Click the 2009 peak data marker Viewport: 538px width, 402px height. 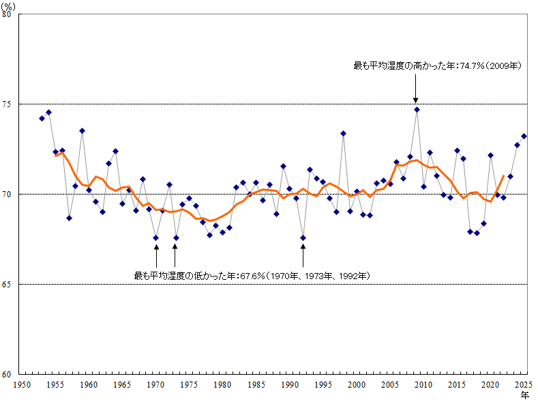click(x=417, y=109)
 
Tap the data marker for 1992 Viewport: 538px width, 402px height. click(x=303, y=238)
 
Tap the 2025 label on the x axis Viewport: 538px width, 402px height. click(x=524, y=385)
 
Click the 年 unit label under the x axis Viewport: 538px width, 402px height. click(x=524, y=394)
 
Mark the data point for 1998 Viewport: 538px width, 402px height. click(x=343, y=133)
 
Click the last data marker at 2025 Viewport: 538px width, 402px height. click(x=524, y=136)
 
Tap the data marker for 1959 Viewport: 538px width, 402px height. click(x=82, y=130)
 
